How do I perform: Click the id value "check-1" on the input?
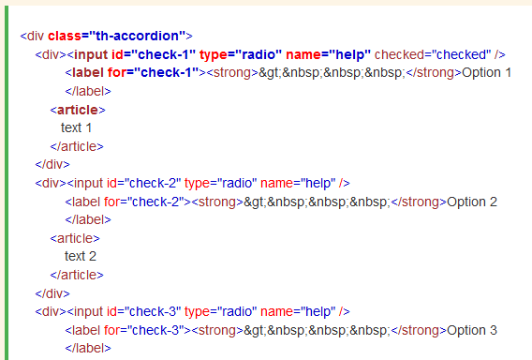click(160, 54)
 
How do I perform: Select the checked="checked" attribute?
click(434, 54)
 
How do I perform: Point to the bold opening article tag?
click(76, 110)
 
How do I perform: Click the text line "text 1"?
click(77, 127)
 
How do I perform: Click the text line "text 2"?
click(81, 256)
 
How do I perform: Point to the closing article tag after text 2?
click(76, 275)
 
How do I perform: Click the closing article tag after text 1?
click(76, 146)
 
